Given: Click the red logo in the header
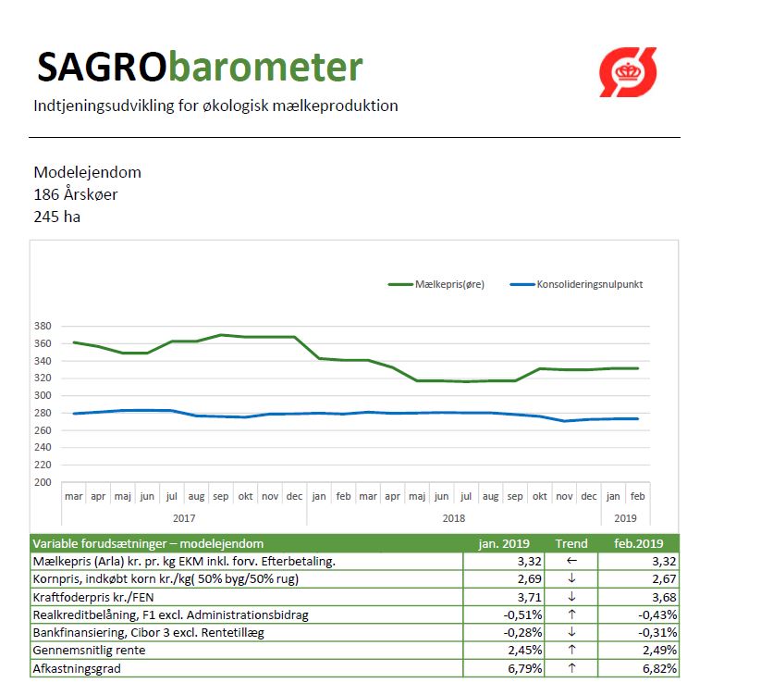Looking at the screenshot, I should pyautogui.click(x=628, y=72).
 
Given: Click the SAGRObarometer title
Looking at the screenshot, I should pyautogui.click(x=199, y=68).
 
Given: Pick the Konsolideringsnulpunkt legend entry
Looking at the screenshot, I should pyautogui.click(x=577, y=284).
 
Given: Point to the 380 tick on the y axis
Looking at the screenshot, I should pyautogui.click(x=43, y=326).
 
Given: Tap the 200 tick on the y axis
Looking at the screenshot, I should pyautogui.click(x=43, y=482).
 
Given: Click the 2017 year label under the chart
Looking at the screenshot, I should pyautogui.click(x=184, y=518).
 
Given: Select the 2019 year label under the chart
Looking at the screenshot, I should pyautogui.click(x=626, y=518).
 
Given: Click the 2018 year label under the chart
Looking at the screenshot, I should pyautogui.click(x=454, y=518).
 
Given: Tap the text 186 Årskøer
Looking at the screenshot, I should pyautogui.click(x=76, y=194).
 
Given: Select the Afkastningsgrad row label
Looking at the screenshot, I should pyautogui.click(x=77, y=668).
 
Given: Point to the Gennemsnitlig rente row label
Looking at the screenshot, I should pyautogui.click(x=91, y=651).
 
